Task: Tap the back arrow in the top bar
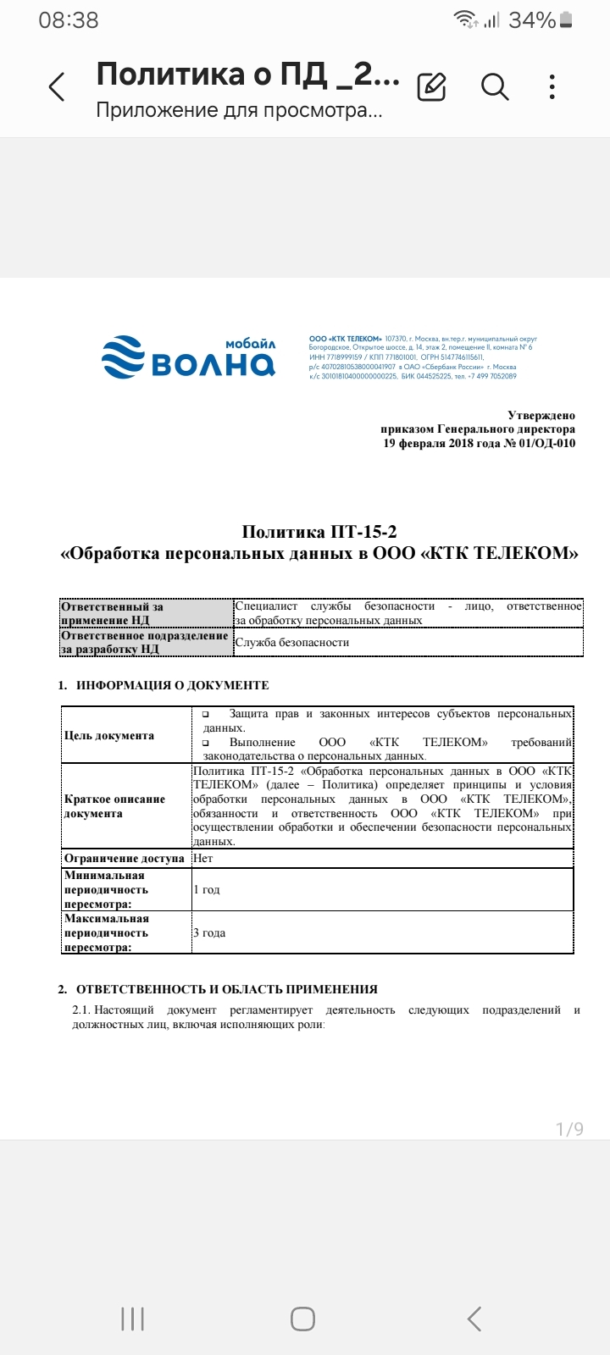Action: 57,87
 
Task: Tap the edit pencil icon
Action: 432,86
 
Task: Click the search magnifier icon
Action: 494,86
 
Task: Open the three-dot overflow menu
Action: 552,86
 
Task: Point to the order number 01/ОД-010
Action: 547,443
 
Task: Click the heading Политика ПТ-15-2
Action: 319,532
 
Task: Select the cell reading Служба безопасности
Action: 292,642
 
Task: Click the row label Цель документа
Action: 109,735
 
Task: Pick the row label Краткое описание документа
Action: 114,806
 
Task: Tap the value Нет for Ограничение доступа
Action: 203,858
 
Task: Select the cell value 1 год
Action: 207,889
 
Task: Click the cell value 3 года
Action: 209,932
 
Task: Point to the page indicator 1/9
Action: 569,1129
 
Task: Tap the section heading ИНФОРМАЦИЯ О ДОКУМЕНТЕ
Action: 172,685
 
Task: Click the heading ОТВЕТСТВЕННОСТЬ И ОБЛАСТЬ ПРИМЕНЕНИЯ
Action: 226,989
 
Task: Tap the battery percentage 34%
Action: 531,19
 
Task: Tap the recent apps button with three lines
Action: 132,1319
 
